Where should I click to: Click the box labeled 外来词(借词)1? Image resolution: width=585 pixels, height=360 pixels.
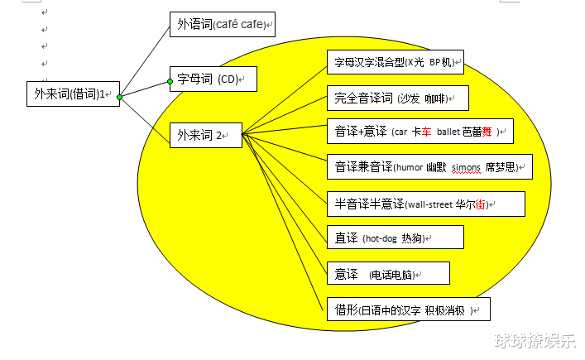pos(73,94)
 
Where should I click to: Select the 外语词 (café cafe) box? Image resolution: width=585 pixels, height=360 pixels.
pos(223,24)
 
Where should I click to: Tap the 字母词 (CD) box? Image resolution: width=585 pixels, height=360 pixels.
pos(213,79)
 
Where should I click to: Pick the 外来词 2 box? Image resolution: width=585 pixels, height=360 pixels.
pos(206,135)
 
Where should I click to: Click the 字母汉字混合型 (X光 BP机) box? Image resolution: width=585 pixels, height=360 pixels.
pos(396,62)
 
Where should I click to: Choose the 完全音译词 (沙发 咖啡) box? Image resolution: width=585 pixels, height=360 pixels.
pos(398,98)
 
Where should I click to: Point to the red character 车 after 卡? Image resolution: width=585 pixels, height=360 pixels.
pos(426,132)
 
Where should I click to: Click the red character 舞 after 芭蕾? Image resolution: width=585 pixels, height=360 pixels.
pos(487,132)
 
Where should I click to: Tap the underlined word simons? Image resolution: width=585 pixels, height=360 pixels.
pos(466,168)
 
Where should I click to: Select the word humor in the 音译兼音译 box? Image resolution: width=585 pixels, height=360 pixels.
pos(410,167)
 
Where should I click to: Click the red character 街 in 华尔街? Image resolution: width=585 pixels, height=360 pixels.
pos(481,204)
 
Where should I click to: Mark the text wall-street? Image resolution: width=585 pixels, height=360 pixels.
pos(429,204)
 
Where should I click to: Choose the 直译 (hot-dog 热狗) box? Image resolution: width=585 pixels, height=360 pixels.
pos(396,238)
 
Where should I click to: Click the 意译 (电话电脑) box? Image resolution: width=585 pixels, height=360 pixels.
pos(388,273)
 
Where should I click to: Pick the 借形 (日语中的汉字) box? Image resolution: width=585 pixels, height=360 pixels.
pos(409,310)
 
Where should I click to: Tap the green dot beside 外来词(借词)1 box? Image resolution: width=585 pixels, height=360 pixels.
pos(119,97)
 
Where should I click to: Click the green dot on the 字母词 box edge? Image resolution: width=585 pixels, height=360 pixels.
pos(170,81)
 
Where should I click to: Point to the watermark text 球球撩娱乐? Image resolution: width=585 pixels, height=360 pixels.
pos(535,341)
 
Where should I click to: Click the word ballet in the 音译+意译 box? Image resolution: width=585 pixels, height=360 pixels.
pos(448,132)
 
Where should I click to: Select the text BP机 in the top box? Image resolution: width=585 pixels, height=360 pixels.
pos(440,62)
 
